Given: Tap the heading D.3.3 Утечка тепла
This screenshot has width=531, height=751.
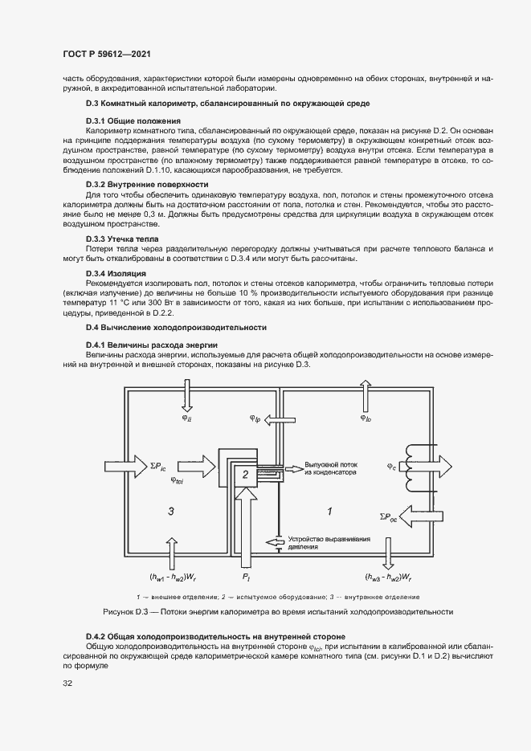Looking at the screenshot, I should (121, 239).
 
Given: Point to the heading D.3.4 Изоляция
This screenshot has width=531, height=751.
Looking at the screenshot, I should (116, 274).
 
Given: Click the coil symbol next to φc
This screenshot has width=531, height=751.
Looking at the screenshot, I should (417, 466).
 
